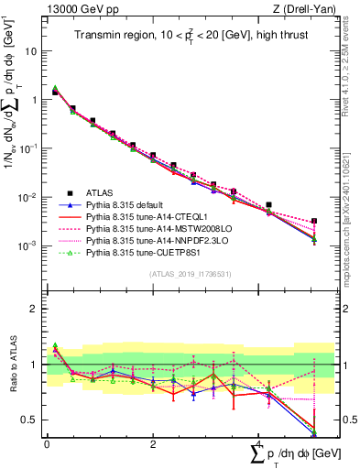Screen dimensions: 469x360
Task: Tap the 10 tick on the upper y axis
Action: [x=31, y=51]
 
